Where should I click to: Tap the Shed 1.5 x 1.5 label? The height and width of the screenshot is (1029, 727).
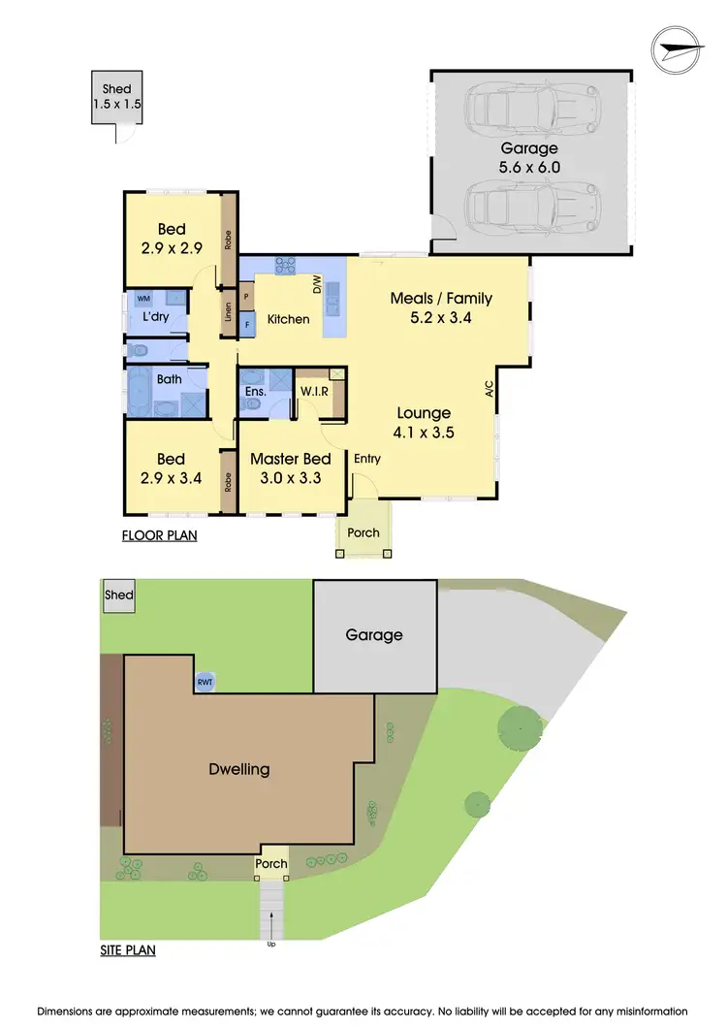[x=116, y=95]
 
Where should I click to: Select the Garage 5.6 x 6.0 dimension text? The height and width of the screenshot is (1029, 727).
[x=529, y=157]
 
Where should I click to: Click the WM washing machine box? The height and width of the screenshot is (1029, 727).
[x=143, y=299]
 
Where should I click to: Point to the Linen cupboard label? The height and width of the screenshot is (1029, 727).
[x=229, y=314]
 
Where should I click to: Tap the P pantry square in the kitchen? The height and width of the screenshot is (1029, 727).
[x=246, y=297]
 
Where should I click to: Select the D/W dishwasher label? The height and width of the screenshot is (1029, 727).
[x=316, y=284]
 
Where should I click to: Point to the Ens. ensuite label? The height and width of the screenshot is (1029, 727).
[x=255, y=392]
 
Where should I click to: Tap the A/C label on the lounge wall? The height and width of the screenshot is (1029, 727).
[x=490, y=390]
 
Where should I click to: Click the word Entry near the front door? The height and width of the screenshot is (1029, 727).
[x=367, y=459]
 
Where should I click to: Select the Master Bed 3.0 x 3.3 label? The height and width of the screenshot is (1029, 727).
[x=291, y=467]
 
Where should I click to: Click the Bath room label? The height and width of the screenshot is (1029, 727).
[x=169, y=379]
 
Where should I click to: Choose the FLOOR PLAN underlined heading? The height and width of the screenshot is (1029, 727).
[x=159, y=535]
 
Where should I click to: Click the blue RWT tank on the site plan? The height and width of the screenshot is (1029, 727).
[x=205, y=683]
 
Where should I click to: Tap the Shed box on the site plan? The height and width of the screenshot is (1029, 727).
[x=119, y=595]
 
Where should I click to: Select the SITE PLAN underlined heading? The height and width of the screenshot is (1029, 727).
[x=128, y=950]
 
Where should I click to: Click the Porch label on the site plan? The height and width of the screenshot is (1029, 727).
[x=271, y=864]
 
